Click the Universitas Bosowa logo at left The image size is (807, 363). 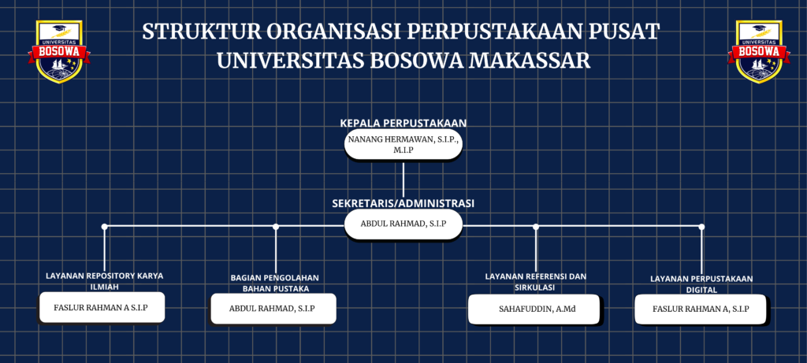pos(59,51)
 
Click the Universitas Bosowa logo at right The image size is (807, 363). pos(759,51)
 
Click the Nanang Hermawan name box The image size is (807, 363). pos(403,144)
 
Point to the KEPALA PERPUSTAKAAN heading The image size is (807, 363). pos(403,124)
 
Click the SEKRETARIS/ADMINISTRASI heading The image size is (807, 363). pos(403,204)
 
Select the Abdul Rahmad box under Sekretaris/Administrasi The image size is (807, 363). pos(403,224)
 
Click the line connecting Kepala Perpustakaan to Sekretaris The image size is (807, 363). pos(403,180)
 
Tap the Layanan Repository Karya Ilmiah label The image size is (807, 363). pos(105,281)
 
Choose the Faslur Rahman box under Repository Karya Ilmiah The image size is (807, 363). pos(102,307)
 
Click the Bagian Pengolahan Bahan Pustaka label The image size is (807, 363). pos(275,283)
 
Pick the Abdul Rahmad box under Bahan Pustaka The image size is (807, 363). pos(273,309)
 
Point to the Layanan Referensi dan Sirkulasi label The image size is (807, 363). pos(535,282)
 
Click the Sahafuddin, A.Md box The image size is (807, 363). pos(534,309)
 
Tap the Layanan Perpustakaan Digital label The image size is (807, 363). pos(701,283)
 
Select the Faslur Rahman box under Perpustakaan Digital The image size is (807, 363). pos(701,309)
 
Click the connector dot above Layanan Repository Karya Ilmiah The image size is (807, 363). pos(105,226)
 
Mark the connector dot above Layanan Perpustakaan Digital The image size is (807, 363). pos(701,226)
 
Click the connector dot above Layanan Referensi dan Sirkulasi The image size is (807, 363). pos(536,226)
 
